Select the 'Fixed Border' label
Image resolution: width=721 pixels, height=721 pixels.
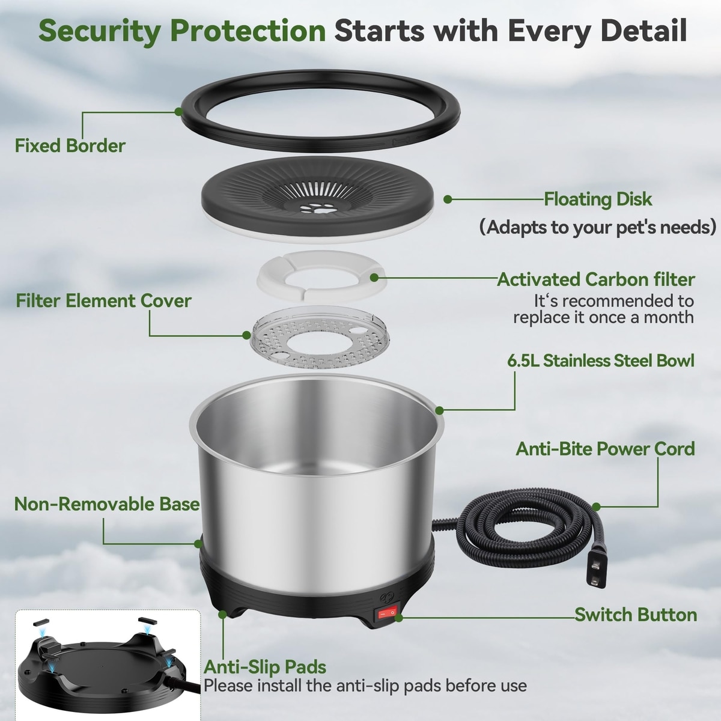(x=70, y=145)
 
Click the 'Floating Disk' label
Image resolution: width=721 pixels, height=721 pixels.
(x=597, y=199)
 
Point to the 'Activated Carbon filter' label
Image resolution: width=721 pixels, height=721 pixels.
(x=596, y=279)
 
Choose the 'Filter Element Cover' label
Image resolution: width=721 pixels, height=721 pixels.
(x=103, y=301)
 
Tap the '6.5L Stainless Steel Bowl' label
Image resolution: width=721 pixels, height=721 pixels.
(x=601, y=360)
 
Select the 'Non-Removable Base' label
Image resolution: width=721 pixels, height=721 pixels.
(x=107, y=504)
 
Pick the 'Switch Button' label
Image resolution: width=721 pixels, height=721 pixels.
(x=636, y=615)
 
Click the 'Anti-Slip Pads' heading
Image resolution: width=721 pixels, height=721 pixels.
(x=265, y=667)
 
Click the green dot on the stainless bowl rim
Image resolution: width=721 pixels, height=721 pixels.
(x=440, y=411)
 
